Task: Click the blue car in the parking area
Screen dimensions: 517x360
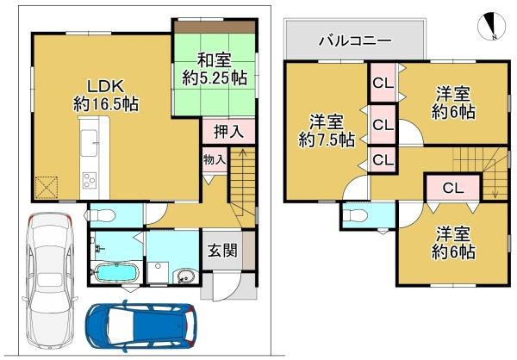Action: click(x=141, y=326)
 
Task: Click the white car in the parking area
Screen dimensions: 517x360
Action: click(x=50, y=281)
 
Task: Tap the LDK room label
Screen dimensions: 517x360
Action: click(x=105, y=96)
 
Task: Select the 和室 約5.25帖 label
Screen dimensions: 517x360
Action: click(x=215, y=69)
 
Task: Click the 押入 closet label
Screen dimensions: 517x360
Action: click(x=229, y=132)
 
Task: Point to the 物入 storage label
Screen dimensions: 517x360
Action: click(x=215, y=160)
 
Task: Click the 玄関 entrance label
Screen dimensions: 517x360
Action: click(x=222, y=251)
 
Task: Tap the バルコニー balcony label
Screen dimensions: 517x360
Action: click(x=355, y=40)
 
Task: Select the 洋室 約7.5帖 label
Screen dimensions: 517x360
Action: click(x=327, y=131)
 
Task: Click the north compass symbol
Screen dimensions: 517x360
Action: click(x=492, y=27)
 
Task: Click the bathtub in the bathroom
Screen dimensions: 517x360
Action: click(x=115, y=273)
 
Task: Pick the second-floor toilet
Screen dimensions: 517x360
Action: click(x=355, y=216)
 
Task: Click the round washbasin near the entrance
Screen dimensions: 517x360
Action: click(x=187, y=276)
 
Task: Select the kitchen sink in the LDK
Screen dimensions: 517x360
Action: click(x=89, y=143)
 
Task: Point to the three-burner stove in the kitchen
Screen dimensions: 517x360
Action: click(x=90, y=180)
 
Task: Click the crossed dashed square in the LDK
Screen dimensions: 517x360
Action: click(x=47, y=188)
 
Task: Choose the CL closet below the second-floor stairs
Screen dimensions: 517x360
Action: click(x=452, y=188)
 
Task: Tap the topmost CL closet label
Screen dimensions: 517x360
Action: click(x=383, y=83)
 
